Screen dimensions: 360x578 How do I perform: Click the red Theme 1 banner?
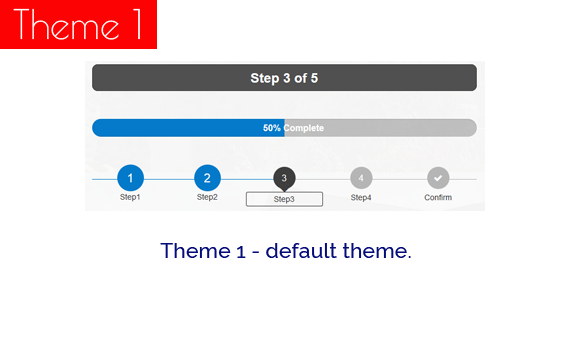click(78, 24)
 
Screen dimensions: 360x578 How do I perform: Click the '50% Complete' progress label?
click(284, 128)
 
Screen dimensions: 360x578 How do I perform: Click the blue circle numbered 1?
click(130, 178)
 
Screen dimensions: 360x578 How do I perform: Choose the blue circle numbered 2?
click(207, 178)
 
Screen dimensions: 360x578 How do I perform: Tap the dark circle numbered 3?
click(284, 177)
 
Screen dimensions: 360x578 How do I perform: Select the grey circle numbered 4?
click(361, 178)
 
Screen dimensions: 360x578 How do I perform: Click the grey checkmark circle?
click(438, 178)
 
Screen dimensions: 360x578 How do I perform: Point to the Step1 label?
click(130, 197)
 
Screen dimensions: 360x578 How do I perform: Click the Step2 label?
click(207, 197)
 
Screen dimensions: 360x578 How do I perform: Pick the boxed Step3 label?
click(284, 199)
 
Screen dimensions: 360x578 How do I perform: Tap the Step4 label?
click(361, 197)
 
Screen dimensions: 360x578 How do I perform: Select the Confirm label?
click(438, 197)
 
